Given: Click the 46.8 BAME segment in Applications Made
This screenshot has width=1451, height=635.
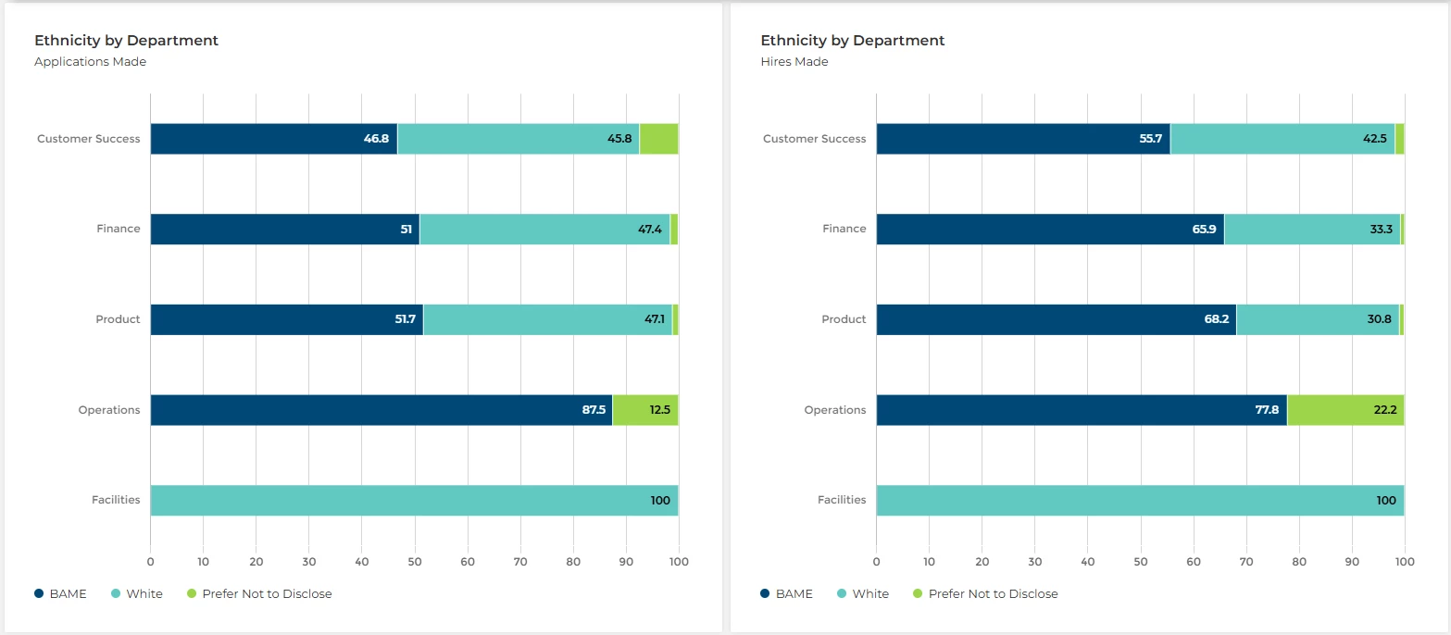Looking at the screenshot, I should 273,139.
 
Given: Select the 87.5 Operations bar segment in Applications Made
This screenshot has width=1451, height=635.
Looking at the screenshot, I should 381,410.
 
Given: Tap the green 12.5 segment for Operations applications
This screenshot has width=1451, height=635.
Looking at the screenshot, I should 645,410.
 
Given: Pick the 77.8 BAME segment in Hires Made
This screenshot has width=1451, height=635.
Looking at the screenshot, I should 1081,410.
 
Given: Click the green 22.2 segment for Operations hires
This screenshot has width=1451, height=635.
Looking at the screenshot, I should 1345,410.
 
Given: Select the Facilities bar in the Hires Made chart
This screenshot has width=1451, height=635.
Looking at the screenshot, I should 1140,500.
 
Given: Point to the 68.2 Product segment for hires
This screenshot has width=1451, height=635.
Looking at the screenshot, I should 1056,319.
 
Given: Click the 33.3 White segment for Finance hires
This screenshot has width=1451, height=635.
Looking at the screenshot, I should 1312,229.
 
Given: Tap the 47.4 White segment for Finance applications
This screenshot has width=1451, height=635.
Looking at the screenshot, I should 544,229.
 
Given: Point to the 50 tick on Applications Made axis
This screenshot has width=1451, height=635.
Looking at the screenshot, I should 415,561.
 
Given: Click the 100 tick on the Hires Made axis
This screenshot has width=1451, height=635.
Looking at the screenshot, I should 1405,561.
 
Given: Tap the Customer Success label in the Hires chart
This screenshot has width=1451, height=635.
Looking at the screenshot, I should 814,139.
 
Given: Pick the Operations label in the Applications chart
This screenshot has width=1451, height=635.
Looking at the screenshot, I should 109,410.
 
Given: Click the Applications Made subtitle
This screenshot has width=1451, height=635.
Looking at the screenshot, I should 90,62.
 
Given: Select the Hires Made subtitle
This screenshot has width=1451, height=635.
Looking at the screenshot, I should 794,62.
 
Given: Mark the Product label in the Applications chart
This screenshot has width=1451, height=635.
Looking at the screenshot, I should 118,319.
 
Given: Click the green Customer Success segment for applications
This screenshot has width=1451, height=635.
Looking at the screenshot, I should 658,139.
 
